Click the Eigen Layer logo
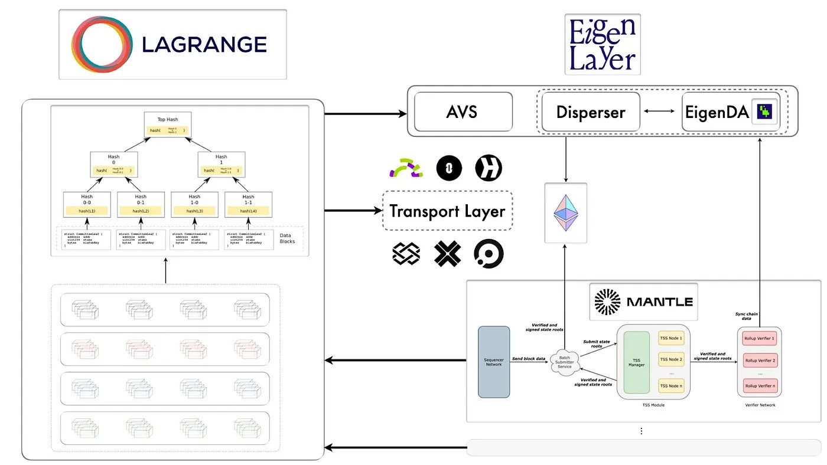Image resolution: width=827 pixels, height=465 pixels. click(603, 44)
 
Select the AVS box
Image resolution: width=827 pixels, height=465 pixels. click(463, 112)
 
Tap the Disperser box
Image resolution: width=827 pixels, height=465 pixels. click(591, 112)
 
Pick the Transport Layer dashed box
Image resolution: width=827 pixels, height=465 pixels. click(448, 211)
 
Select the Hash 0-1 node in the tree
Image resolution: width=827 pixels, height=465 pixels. click(141, 204)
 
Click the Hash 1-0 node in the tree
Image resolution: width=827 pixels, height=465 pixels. click(194, 204)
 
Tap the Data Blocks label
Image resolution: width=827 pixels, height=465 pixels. click(288, 238)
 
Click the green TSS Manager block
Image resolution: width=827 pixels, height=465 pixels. click(637, 362)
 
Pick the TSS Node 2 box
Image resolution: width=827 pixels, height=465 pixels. click(672, 359)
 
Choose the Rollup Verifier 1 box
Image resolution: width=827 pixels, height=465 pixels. click(760, 339)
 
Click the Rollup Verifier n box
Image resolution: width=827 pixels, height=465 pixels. click(760, 386)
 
